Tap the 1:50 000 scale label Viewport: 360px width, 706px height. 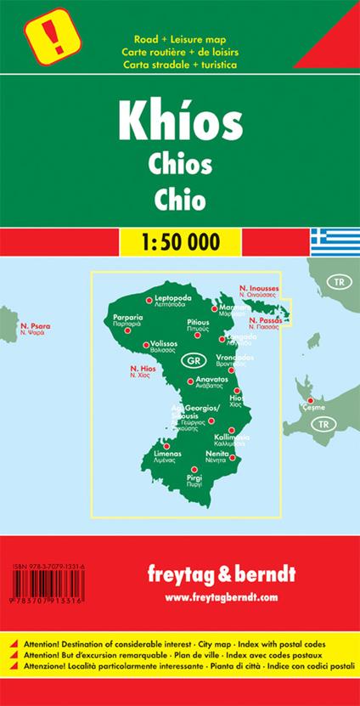[x=181, y=241]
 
